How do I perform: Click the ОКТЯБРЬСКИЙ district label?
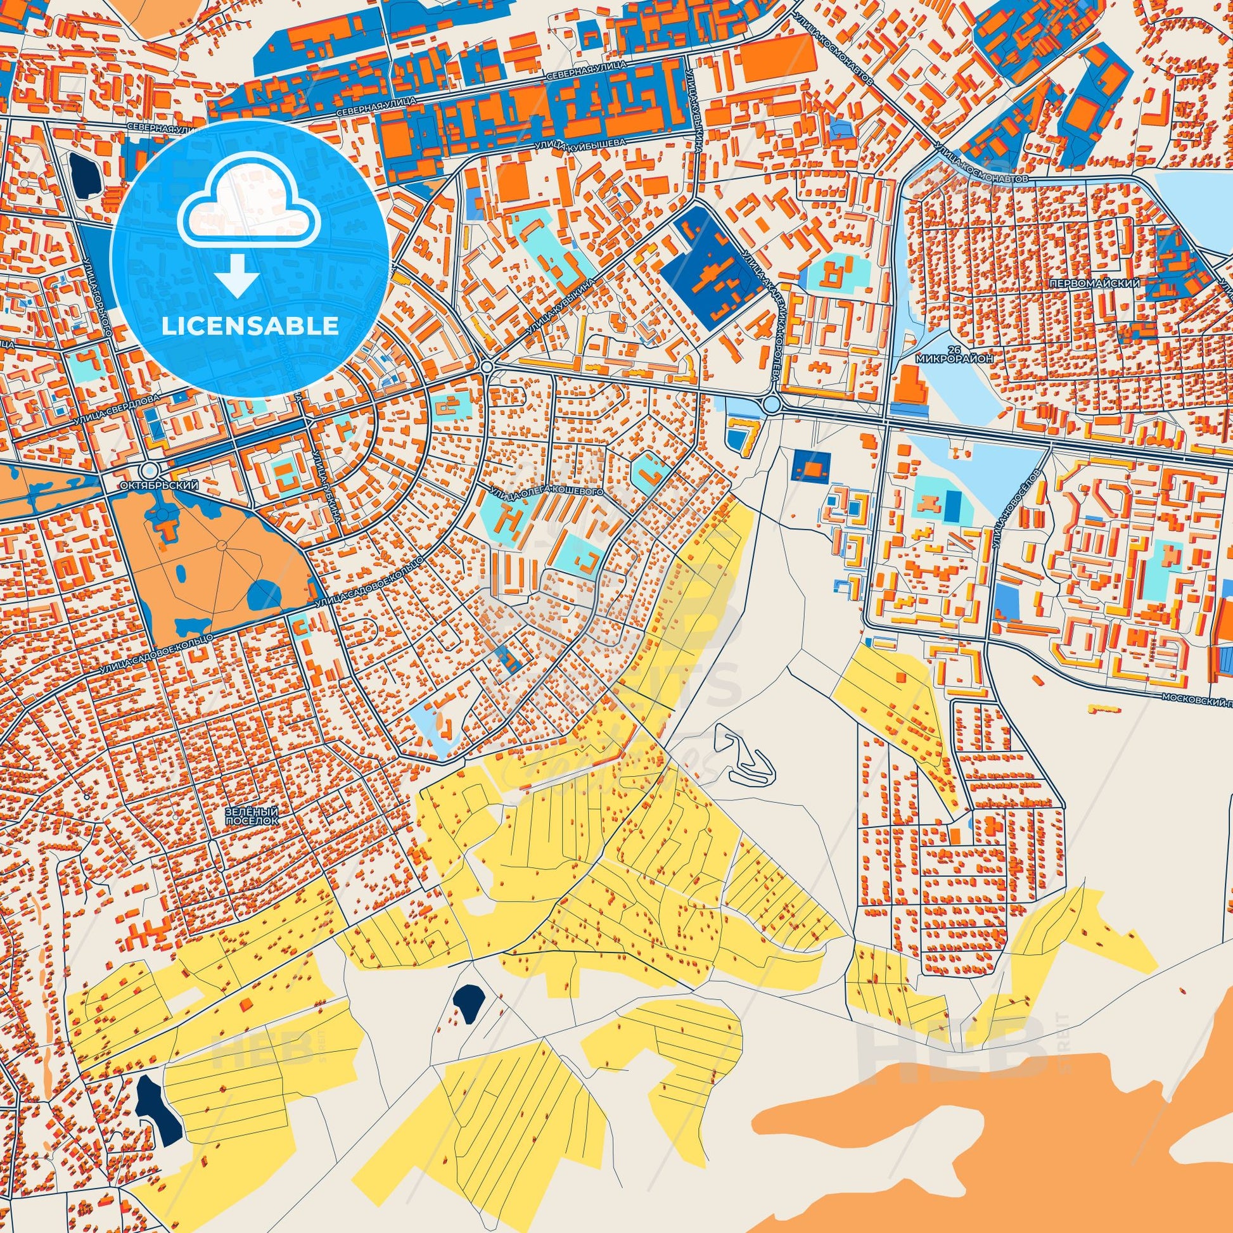coord(159,485)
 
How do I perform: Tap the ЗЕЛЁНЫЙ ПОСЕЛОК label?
coord(252,815)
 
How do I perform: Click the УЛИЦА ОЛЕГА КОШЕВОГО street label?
coord(547,492)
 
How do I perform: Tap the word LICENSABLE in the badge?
coord(250,326)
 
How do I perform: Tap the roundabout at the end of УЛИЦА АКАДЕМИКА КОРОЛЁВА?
coord(772,404)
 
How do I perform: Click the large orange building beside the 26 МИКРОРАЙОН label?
coord(907,385)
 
